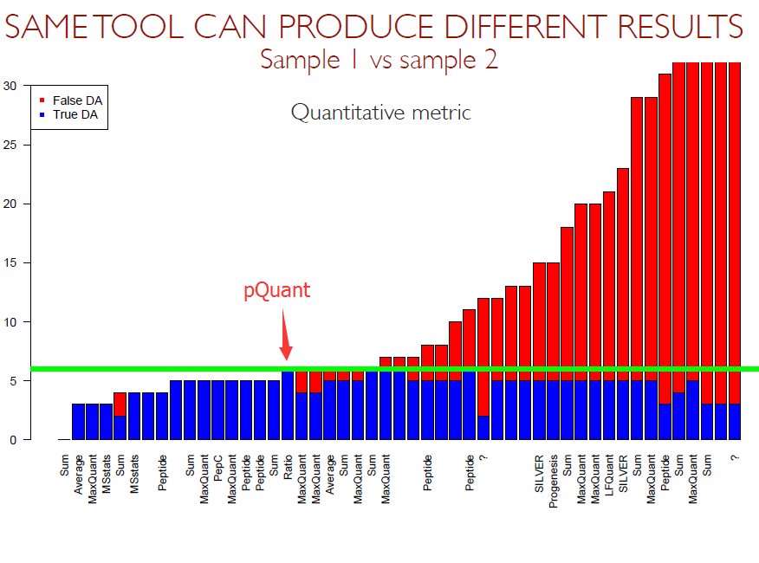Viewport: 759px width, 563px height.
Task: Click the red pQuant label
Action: tap(276, 290)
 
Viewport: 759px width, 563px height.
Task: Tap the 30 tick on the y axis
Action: tap(10, 86)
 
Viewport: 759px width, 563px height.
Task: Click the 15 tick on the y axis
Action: tap(10, 262)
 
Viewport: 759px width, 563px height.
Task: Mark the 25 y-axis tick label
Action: tap(10, 145)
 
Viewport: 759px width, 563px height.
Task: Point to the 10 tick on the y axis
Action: tap(10, 321)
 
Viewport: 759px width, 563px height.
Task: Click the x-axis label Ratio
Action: tap(288, 462)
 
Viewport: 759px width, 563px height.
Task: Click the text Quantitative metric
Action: tap(380, 112)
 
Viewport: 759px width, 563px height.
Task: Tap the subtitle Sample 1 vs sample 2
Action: tap(379, 60)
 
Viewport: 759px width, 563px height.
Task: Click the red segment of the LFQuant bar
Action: tap(608, 286)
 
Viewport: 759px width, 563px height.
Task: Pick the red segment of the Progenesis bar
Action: tap(553, 321)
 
